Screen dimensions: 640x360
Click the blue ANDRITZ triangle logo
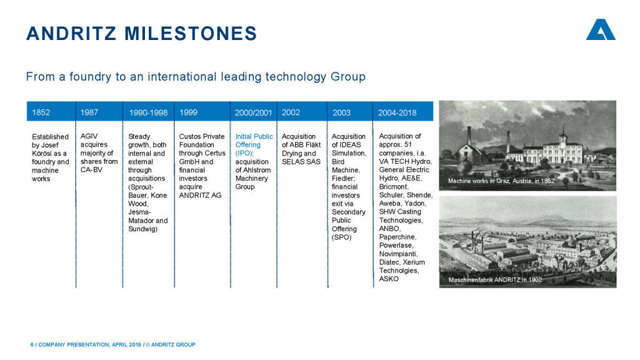(601, 29)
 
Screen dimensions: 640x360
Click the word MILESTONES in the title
(191, 34)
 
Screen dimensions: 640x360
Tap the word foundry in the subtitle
(90, 77)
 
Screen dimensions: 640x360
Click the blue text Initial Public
(254, 136)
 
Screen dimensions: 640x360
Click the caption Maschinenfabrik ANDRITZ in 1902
(495, 280)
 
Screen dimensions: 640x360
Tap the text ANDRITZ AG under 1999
(200, 196)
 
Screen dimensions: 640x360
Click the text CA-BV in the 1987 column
(91, 170)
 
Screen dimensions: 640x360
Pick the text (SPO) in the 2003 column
(341, 237)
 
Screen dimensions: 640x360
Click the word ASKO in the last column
(389, 279)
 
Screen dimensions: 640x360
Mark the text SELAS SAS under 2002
(301, 162)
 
